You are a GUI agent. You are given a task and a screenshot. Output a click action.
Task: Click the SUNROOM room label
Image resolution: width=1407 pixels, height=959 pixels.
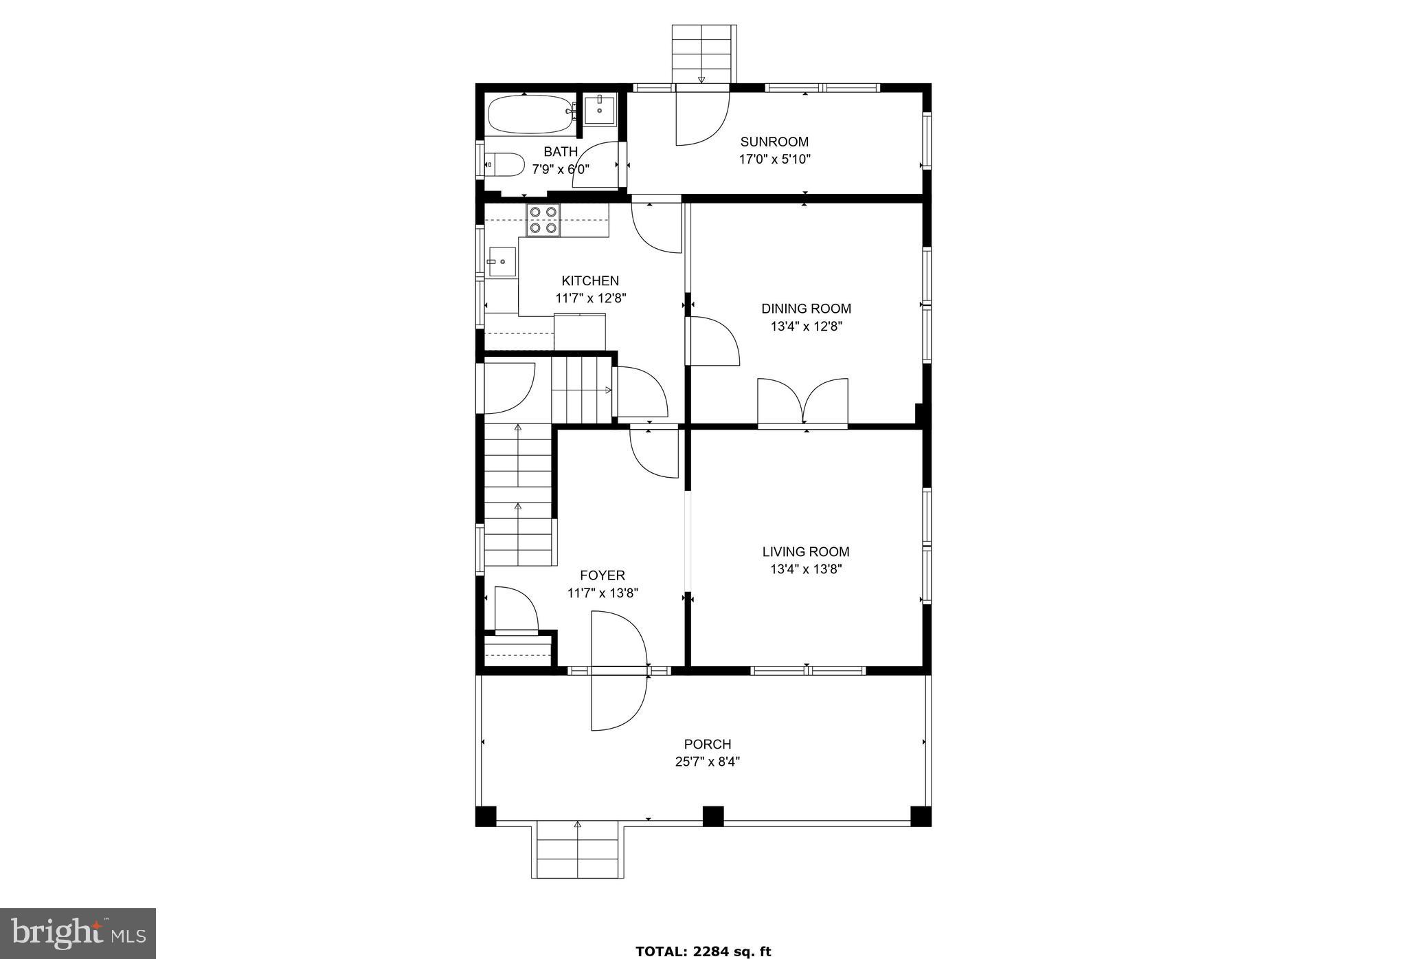[774, 142]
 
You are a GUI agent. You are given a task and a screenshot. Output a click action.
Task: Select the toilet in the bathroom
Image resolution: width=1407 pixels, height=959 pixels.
[504, 164]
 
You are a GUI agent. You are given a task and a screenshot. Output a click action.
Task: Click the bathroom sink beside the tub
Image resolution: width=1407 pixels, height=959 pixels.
[600, 109]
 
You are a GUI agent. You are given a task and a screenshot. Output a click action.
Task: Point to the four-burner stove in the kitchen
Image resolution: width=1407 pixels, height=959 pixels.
[543, 220]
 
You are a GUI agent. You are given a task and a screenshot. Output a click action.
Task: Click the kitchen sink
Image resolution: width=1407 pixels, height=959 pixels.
[502, 262]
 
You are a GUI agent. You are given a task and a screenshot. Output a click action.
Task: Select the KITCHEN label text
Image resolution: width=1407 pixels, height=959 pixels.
[590, 280]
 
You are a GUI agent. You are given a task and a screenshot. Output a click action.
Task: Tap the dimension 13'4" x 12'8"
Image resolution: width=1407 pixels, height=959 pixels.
[806, 327]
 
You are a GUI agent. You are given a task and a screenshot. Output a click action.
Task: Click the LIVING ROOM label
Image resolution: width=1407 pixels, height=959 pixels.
[806, 551]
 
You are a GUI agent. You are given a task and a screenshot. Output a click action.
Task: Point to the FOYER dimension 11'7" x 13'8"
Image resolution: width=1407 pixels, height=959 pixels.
[603, 593]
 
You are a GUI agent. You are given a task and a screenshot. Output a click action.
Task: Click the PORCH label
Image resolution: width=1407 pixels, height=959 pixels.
[707, 744]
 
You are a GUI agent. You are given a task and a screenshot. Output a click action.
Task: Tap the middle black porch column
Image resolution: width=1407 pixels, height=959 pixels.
[712, 816]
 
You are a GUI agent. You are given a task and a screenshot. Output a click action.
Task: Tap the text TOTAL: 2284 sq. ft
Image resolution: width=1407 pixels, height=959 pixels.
[703, 951]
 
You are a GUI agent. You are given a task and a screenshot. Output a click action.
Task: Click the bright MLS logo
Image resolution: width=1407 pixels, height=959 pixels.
[78, 933]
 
